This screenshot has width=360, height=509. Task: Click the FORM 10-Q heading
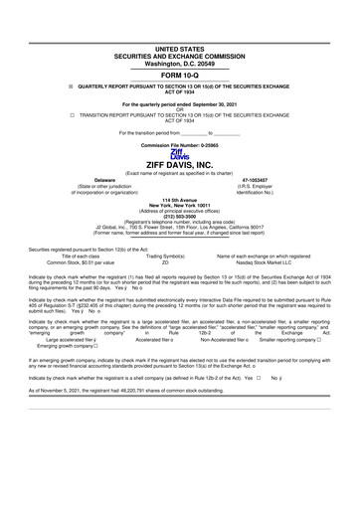[x=180, y=75]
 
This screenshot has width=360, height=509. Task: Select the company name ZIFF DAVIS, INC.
[x=180, y=166]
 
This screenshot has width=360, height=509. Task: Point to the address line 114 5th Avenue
[x=180, y=199]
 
